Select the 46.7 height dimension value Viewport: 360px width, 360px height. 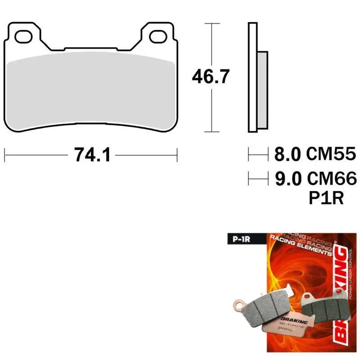tap(211, 76)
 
